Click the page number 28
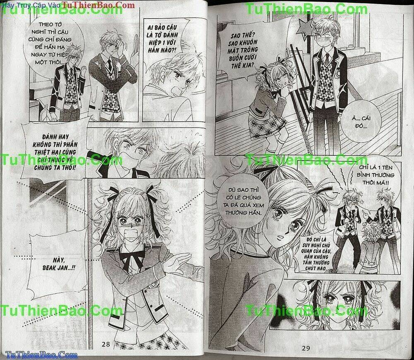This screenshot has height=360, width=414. (106, 344)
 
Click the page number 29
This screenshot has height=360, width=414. (306, 348)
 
